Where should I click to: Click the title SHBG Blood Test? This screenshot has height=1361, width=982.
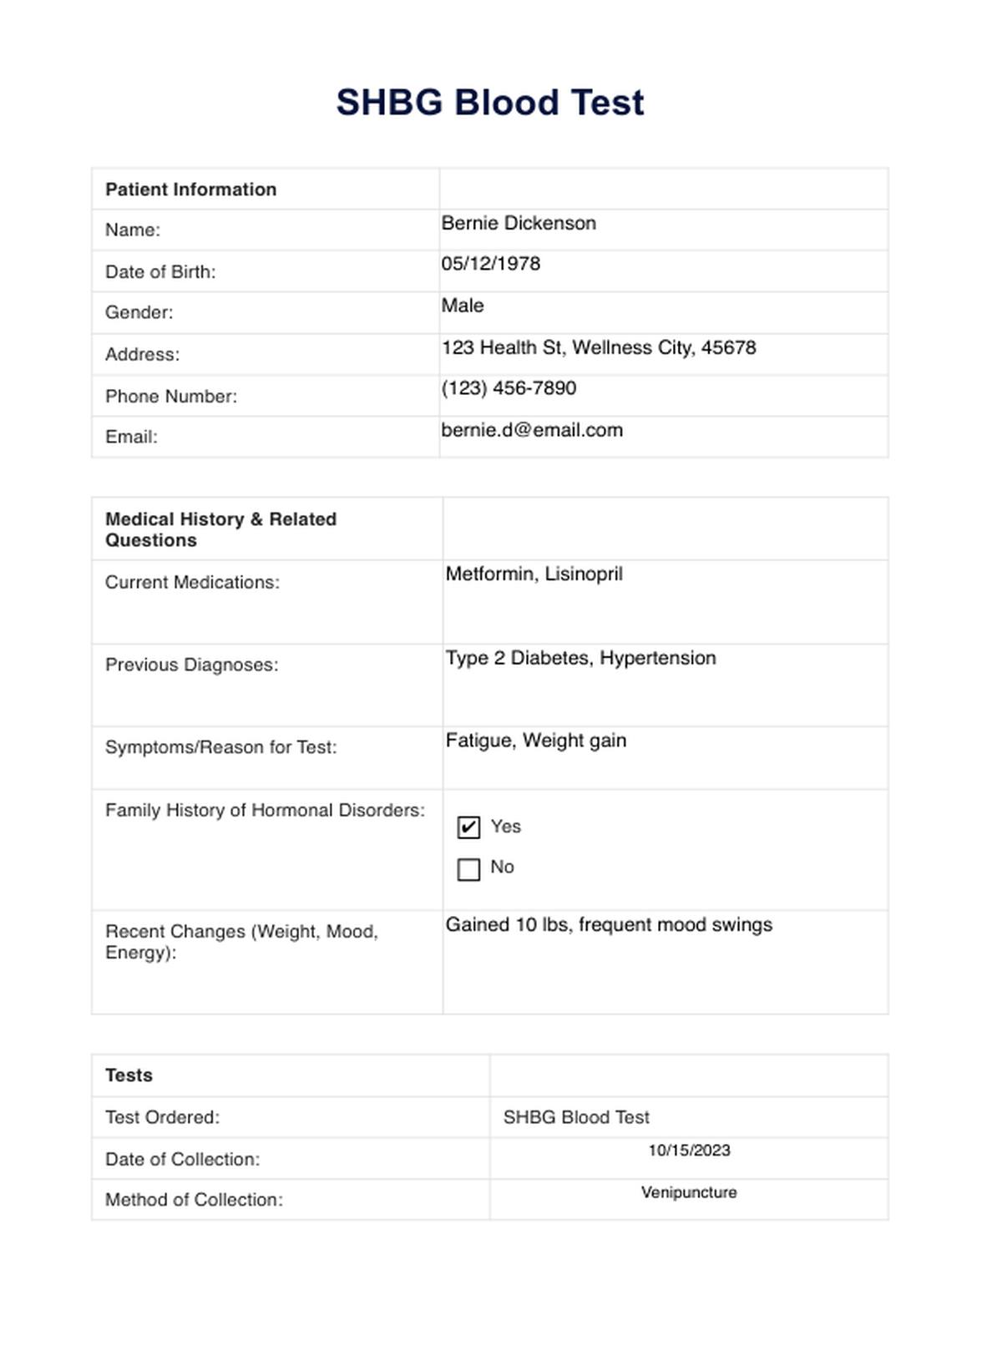(490, 103)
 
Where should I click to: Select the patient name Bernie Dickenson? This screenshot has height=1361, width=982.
(519, 224)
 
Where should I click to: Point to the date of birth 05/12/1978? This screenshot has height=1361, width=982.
(491, 264)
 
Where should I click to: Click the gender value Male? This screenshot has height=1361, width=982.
(463, 306)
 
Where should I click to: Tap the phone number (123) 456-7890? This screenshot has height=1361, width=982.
(509, 388)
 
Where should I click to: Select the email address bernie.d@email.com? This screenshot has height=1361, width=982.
(532, 430)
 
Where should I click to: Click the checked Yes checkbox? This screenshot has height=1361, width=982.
(469, 827)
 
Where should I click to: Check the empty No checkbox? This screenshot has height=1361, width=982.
(469, 869)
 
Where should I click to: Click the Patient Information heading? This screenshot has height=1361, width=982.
(190, 190)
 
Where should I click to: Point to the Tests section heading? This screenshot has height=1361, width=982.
(129, 1075)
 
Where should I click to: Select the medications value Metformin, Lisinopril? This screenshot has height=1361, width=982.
(534, 574)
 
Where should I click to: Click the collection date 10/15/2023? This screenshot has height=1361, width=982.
(689, 1151)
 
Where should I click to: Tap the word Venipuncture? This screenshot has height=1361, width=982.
(689, 1192)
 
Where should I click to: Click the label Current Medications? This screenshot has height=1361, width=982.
(192, 583)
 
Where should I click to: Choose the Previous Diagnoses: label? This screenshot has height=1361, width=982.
(191, 665)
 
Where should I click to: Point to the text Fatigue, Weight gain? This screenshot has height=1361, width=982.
(536, 741)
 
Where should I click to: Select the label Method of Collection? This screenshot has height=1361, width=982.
(194, 1200)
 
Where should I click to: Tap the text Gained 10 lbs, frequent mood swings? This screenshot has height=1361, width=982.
(609, 925)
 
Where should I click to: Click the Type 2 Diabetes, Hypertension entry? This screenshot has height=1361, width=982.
(580, 658)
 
